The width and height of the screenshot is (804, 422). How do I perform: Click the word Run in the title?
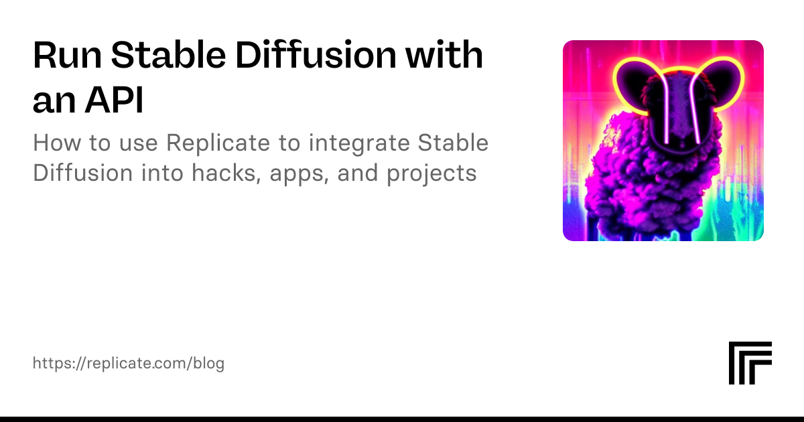[x=67, y=55]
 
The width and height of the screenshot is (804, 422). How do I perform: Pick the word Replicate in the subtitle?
[x=218, y=143]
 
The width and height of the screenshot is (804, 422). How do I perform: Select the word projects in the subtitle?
[x=431, y=174]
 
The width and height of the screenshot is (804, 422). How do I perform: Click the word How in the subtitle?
[x=57, y=143]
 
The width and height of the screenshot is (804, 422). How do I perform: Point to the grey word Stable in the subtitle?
[x=453, y=143]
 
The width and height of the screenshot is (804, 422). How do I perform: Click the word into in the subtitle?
[x=162, y=173]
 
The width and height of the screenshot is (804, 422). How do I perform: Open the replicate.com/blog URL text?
[x=129, y=364]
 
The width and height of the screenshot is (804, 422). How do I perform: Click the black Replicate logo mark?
[x=750, y=363]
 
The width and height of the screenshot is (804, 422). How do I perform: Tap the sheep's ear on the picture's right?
[x=722, y=84]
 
